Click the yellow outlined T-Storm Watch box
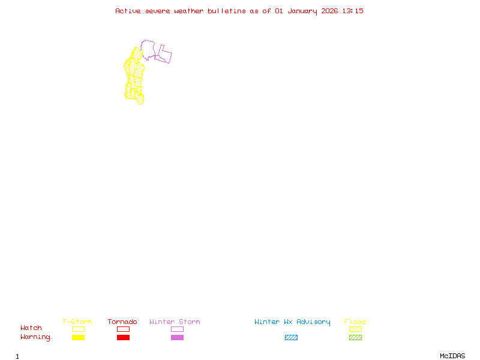point(78,329)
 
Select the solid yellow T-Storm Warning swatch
point(78,338)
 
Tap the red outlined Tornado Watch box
point(123,329)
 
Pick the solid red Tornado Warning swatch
point(123,338)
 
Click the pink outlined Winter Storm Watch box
point(177,329)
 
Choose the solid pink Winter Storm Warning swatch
point(177,338)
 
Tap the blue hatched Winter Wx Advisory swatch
point(291,338)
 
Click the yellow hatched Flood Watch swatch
point(355,329)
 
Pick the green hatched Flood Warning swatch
point(355,338)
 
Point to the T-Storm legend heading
point(77,322)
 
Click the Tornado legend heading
point(122,322)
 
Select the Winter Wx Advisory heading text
point(292,322)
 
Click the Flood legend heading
point(355,322)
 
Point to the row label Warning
point(35,337)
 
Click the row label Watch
point(31,328)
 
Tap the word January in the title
point(301,11)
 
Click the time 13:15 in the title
point(353,11)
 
